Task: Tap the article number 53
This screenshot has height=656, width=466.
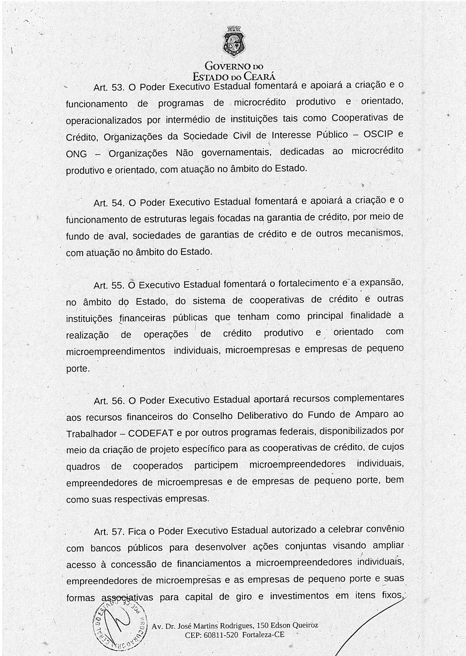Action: (116, 88)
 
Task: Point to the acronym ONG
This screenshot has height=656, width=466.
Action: (77, 154)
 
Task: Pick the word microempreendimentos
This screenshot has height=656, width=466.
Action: (115, 352)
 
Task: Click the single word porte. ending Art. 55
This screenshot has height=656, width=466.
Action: (78, 369)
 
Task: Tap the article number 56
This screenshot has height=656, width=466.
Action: (116, 402)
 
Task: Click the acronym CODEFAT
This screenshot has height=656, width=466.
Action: (151, 434)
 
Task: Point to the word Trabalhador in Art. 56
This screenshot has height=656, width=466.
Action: (91, 434)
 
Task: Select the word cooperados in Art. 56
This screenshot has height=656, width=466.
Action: (158, 467)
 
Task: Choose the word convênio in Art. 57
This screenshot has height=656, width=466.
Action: (385, 529)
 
